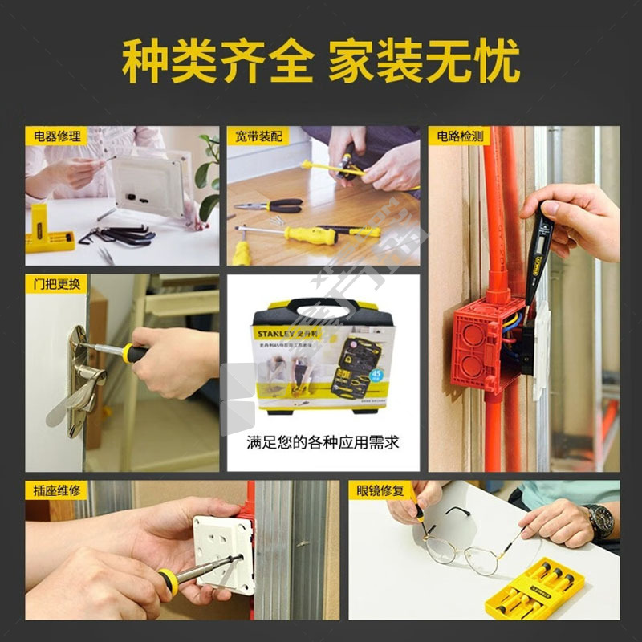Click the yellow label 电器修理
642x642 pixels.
click(x=56, y=136)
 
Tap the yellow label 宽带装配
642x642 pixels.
click(x=258, y=136)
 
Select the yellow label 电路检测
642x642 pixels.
click(x=459, y=136)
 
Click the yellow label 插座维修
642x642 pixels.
click(x=56, y=490)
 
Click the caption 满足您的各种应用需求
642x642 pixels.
click(x=323, y=442)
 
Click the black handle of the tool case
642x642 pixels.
click(x=323, y=306)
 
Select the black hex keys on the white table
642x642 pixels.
click(x=120, y=234)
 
